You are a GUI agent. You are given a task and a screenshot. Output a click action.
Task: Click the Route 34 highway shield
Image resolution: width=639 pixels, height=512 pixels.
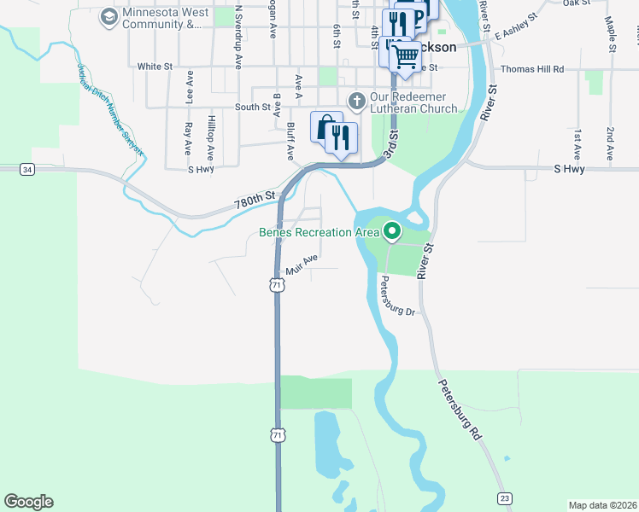(x=28, y=170)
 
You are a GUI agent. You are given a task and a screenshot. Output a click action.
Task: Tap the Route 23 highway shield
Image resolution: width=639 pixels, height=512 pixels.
(x=505, y=497)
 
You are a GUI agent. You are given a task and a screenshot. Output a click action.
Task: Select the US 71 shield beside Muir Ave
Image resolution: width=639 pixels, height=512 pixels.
(x=276, y=286)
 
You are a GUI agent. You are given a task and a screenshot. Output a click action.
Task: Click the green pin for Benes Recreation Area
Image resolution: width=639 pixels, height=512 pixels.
(x=392, y=230)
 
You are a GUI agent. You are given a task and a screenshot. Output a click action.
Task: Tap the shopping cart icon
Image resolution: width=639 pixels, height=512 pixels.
(x=406, y=57)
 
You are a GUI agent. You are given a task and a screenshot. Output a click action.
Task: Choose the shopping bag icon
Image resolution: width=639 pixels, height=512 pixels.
(x=325, y=128)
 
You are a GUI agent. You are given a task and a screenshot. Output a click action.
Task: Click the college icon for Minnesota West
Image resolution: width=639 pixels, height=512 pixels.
(x=108, y=17)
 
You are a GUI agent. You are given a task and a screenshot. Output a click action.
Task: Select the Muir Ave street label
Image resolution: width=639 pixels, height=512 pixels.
(x=302, y=261)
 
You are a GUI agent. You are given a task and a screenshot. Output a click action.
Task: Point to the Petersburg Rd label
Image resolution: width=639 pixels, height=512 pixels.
(x=460, y=410)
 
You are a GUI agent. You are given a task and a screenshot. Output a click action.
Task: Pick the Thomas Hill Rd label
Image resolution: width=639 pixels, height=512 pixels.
(x=532, y=68)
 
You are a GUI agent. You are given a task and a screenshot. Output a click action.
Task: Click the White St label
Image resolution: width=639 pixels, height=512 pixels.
(x=155, y=66)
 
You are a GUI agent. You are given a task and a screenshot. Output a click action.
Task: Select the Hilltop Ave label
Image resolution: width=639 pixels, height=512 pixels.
(x=209, y=139)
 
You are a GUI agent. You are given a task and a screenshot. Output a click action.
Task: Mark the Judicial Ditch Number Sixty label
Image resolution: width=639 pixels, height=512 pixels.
(x=110, y=112)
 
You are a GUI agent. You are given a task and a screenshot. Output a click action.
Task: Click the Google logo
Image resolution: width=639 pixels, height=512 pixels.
(x=28, y=502)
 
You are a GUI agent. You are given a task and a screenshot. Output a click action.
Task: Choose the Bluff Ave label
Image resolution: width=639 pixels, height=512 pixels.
(x=290, y=141)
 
